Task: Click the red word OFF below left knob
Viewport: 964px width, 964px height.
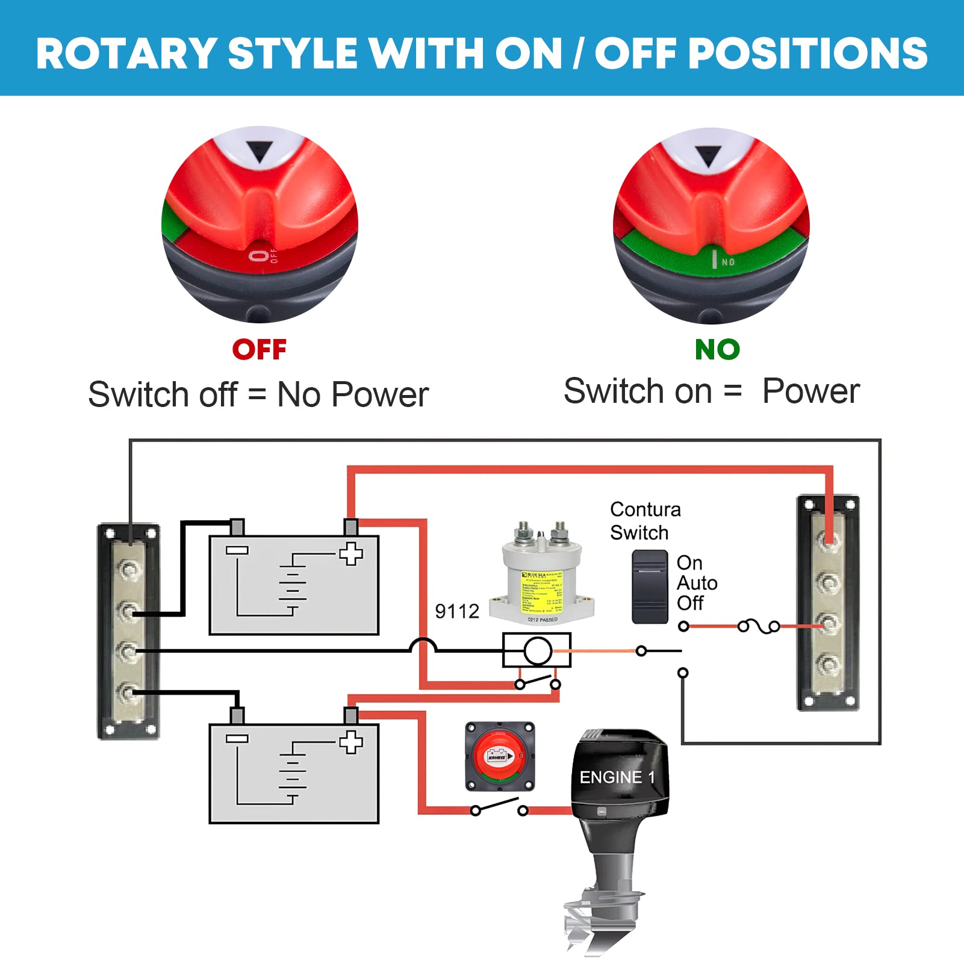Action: pyautogui.click(x=259, y=350)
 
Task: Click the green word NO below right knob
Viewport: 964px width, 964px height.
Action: pyautogui.click(x=717, y=350)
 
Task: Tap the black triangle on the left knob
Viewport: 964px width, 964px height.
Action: pyautogui.click(x=260, y=151)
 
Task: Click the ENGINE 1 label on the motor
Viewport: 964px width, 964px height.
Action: pyautogui.click(x=617, y=777)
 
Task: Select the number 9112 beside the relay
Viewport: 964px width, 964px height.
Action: pyautogui.click(x=456, y=612)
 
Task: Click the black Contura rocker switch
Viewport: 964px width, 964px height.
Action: pyautogui.click(x=650, y=586)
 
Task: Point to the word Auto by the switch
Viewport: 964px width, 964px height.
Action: pyautogui.click(x=697, y=583)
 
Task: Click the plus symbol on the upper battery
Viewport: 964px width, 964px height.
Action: pyautogui.click(x=350, y=553)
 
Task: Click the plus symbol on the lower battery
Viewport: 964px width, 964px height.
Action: pyautogui.click(x=350, y=742)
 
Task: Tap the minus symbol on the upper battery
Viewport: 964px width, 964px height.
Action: pyautogui.click(x=237, y=550)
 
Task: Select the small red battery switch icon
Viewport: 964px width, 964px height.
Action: pyautogui.click(x=499, y=756)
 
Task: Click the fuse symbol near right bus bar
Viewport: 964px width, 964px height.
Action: pyautogui.click(x=759, y=627)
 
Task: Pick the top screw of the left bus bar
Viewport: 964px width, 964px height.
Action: pyautogui.click(x=128, y=568)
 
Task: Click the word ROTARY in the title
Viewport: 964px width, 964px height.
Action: pyautogui.click(x=126, y=54)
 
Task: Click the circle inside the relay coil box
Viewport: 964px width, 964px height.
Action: pyautogui.click(x=538, y=651)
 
